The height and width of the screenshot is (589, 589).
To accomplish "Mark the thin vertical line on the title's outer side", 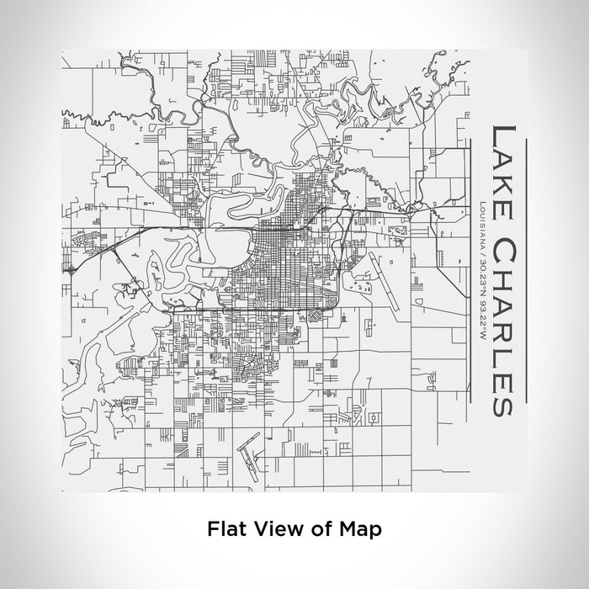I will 525,269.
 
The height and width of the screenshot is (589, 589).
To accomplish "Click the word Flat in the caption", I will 226,528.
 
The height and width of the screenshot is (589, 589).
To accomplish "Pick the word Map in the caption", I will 361,528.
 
